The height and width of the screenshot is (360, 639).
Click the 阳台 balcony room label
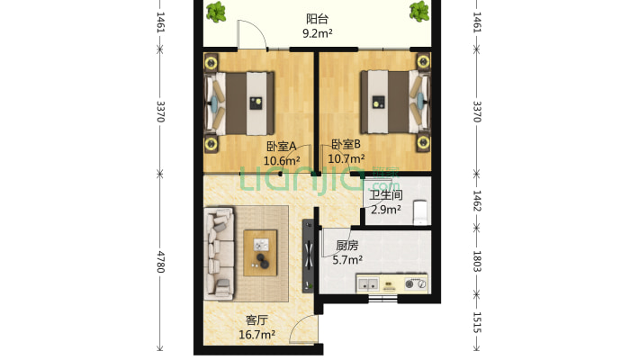pyautogui.click(x=317, y=19)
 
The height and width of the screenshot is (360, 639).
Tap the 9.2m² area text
pyautogui.click(x=317, y=33)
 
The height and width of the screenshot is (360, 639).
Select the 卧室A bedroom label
pyautogui.click(x=281, y=146)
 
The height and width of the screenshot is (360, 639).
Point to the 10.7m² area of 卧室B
pyautogui.click(x=346, y=158)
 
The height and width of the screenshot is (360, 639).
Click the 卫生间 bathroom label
pyautogui.click(x=386, y=195)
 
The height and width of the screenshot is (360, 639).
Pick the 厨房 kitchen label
pyautogui.click(x=347, y=246)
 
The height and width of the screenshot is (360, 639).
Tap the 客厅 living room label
pyautogui.click(x=256, y=320)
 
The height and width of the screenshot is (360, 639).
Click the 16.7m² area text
pyautogui.click(x=256, y=335)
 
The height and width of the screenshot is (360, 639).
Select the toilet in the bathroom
pyautogui.click(x=419, y=212)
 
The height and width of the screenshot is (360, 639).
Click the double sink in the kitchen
pyautogui.click(x=368, y=283)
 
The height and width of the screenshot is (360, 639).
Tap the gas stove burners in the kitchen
pyautogui.click(x=415, y=283)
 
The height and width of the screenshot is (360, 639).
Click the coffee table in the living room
pyautogui.click(x=260, y=253)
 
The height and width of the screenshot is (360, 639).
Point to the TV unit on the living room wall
pyautogui.click(x=308, y=256)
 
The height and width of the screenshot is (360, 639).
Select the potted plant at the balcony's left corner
pyautogui.click(x=216, y=12)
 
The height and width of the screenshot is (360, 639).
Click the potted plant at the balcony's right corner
pyautogui.click(x=419, y=11)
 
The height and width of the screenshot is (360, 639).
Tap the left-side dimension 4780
pyautogui.click(x=160, y=262)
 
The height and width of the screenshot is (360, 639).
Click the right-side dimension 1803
pyautogui.click(x=477, y=261)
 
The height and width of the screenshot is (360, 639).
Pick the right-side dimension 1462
pyautogui.click(x=477, y=201)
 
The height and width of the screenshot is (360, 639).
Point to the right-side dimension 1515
pyautogui.click(x=477, y=322)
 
